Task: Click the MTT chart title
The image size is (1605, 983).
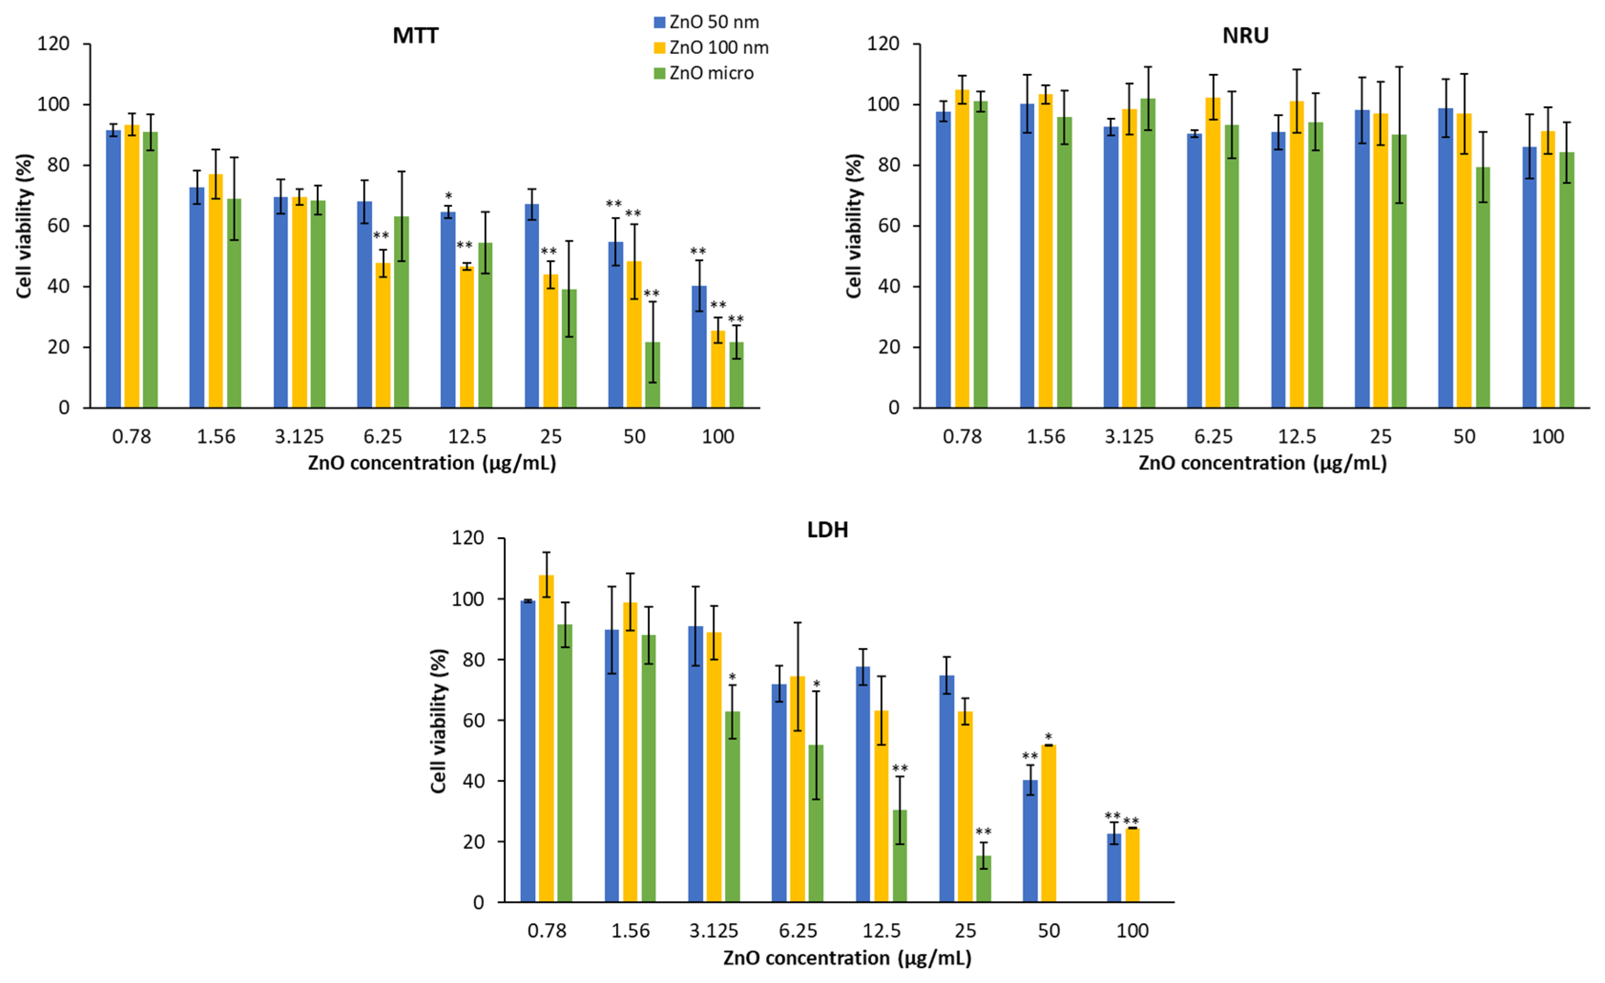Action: [x=415, y=35]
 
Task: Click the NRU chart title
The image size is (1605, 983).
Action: [x=1245, y=35]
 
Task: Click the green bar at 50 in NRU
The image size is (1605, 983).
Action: [x=1482, y=287]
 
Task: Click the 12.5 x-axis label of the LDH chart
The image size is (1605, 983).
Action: [x=881, y=931]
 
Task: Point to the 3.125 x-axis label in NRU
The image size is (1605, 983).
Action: [x=1129, y=436]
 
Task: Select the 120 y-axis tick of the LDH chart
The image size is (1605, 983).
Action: [x=468, y=538]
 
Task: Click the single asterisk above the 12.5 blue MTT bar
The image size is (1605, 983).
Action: [x=448, y=196]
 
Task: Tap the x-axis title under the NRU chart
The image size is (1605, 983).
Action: [x=1263, y=463]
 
